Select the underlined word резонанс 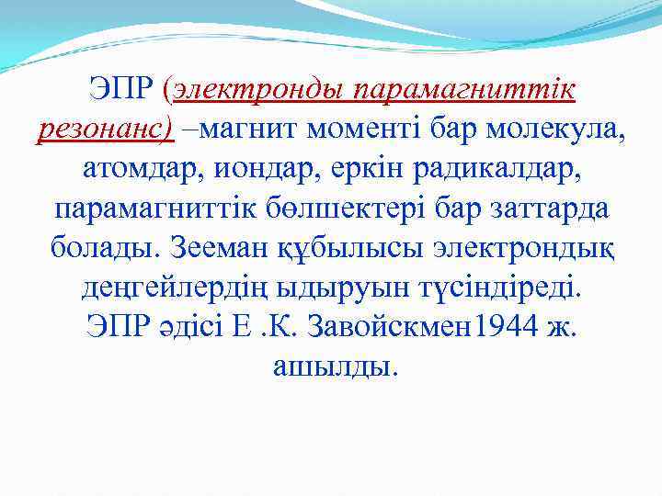point(104,130)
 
